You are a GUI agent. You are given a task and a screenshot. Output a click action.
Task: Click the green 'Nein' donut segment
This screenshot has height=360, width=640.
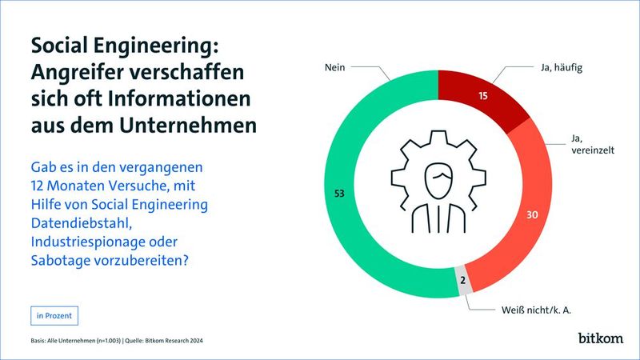click(336, 192)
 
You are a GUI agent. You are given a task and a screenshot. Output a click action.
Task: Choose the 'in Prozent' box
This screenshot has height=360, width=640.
click(54, 315)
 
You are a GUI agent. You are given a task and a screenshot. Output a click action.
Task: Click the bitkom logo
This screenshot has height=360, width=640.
click(600, 338)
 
